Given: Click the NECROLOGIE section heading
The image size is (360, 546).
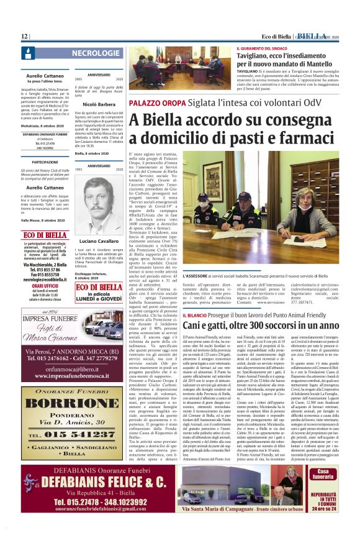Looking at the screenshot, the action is pyautogui.click(x=96, y=54).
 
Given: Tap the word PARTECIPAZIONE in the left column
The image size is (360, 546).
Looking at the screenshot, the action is pyautogui.click(x=45, y=162).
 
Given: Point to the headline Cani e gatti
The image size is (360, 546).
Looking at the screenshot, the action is pyautogui.click(x=270, y=325).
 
